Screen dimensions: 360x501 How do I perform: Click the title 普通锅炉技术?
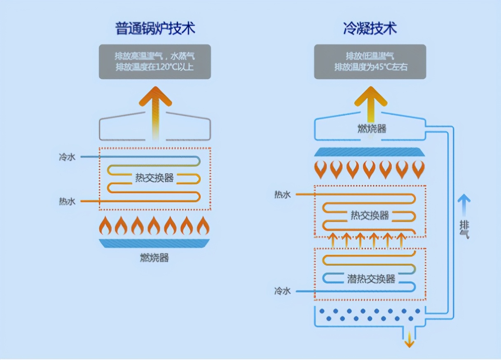[x=155, y=29]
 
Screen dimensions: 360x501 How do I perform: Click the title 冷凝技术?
[x=370, y=29]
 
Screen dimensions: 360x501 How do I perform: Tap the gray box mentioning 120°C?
[x=155, y=62]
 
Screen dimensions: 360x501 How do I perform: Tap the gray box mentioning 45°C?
[x=370, y=62]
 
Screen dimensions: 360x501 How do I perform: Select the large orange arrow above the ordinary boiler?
[x=155, y=107]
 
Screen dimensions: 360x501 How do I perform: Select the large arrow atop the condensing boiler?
[x=371, y=105]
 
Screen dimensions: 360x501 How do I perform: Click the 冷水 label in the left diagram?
[x=67, y=157]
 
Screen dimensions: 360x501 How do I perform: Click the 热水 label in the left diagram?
[x=67, y=201]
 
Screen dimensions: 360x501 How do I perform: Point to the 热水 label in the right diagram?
[x=283, y=194]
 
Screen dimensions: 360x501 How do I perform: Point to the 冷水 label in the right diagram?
[x=283, y=291]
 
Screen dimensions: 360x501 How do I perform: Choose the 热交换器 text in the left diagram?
[x=155, y=178]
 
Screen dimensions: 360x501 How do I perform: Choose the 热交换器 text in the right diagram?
[x=370, y=215]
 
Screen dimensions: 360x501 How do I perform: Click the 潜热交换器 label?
[x=371, y=279]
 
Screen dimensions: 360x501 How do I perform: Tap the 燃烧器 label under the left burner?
[x=155, y=258]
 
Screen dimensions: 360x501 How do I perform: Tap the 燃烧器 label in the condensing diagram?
[x=372, y=129]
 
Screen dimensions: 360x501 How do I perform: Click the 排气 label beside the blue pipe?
[x=464, y=229]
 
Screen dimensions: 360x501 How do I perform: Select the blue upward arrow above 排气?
[x=464, y=204]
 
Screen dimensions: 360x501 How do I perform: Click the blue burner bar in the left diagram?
[x=155, y=243]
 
